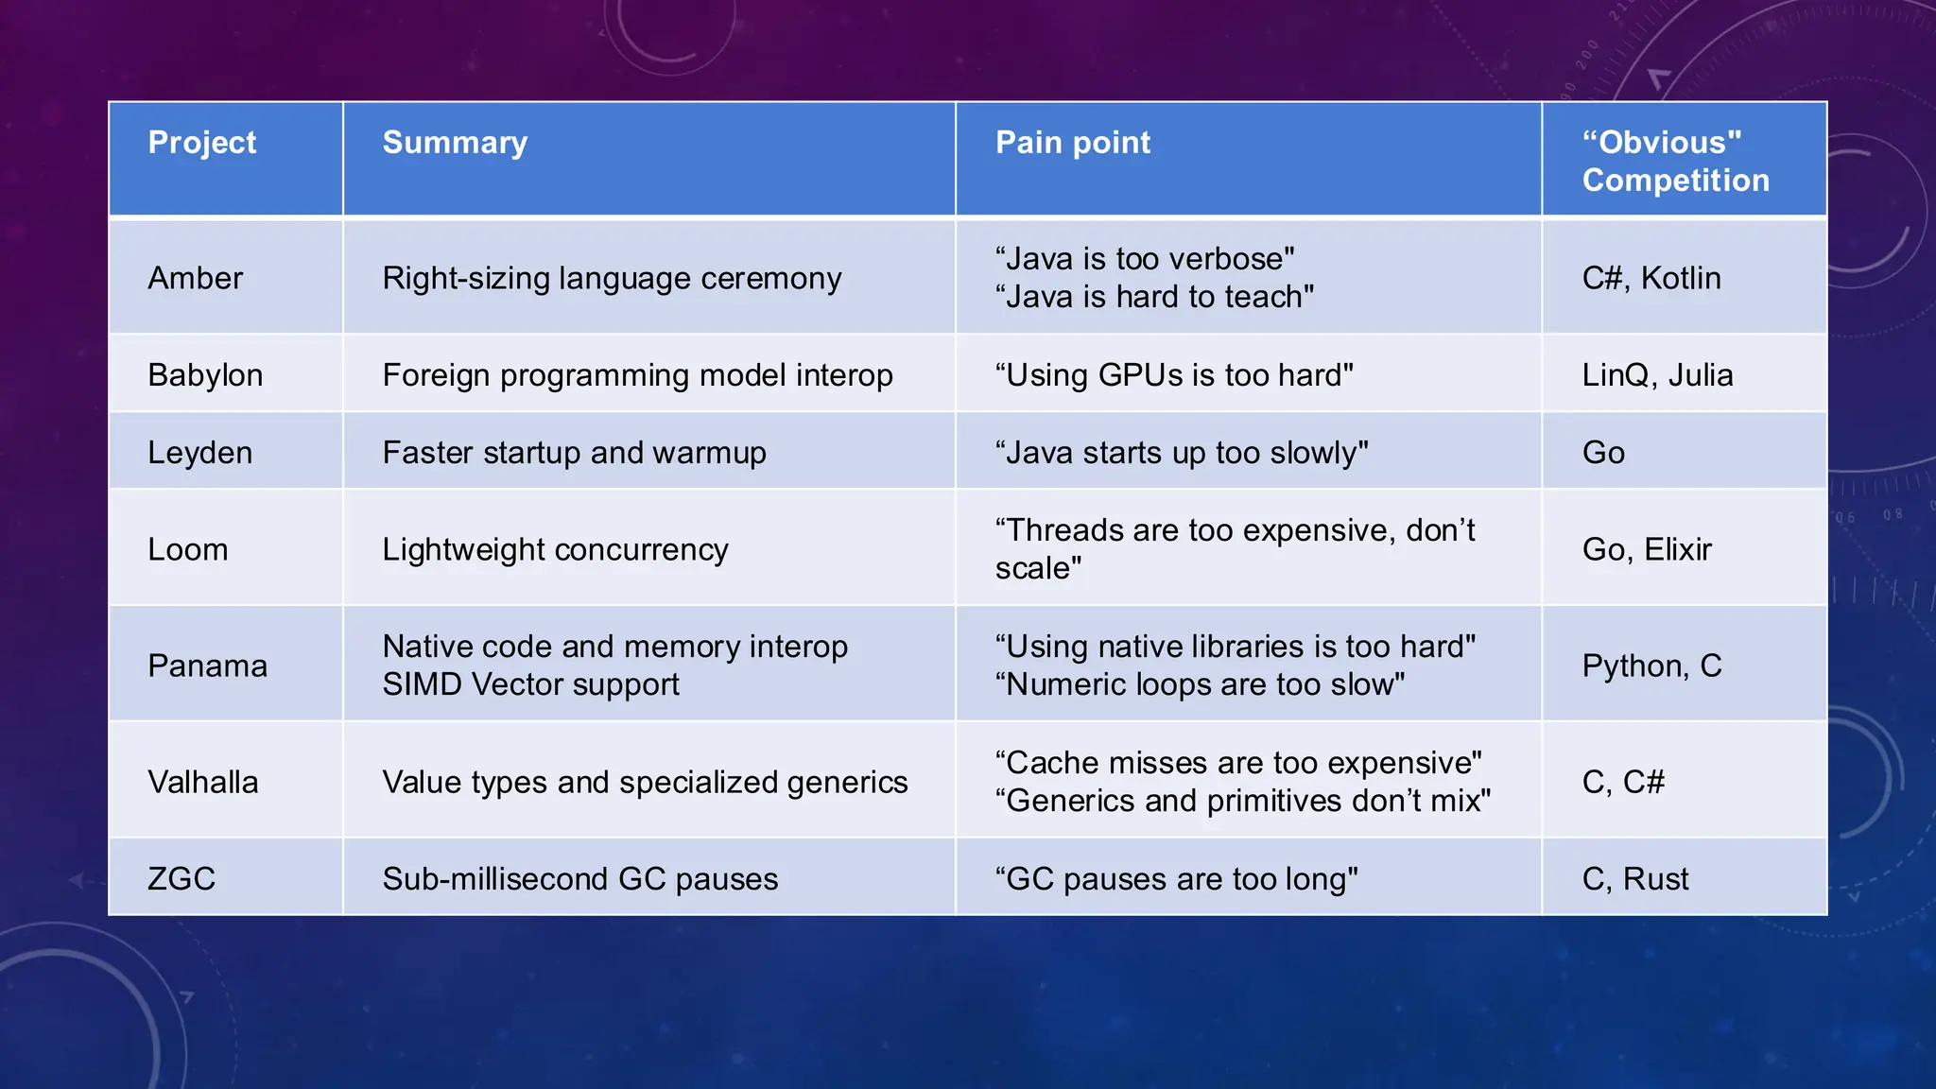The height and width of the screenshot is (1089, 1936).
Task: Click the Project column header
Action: [202, 143]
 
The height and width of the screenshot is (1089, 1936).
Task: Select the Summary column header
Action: [455, 143]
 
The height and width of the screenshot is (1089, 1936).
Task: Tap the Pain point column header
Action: [1073, 143]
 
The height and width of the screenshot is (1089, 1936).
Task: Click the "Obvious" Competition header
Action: [1675, 162]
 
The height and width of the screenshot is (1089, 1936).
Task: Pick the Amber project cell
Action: [196, 278]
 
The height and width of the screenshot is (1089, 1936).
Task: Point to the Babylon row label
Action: [205, 375]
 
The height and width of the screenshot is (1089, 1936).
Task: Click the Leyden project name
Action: [200, 453]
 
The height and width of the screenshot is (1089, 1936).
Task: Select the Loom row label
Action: [188, 549]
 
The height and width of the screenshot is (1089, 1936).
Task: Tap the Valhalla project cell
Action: [203, 782]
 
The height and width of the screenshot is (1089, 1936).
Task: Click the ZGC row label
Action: [181, 879]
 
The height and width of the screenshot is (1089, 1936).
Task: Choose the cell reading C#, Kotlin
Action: [1651, 278]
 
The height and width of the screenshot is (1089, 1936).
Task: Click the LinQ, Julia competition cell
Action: [1657, 375]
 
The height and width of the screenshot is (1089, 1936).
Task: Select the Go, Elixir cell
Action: [1647, 549]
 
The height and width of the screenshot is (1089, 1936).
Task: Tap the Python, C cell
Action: [1651, 665]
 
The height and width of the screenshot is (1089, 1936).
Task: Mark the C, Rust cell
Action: [1635, 879]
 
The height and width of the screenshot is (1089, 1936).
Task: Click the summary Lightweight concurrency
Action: [555, 549]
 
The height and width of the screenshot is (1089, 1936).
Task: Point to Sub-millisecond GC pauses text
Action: [579, 879]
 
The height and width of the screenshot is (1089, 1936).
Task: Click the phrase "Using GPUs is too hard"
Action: [1174, 375]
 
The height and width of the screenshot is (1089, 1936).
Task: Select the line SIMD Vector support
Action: [530, 684]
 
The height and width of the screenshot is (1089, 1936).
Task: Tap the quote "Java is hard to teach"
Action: [1154, 297]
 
